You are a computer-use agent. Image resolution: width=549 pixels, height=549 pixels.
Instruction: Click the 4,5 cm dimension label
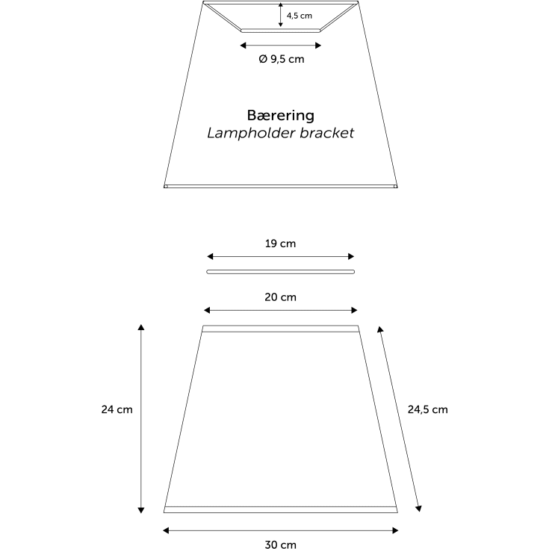300,16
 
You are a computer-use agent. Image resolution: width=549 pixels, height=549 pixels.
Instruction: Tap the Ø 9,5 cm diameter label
282,59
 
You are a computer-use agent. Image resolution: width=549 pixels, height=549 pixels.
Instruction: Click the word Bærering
280,116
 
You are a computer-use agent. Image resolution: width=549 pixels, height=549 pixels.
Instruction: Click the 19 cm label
280,244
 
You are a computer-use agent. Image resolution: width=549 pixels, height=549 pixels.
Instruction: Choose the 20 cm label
280,297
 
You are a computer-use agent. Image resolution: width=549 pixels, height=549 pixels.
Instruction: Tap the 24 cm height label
117,409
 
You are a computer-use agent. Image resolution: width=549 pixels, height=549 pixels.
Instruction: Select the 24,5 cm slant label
427,409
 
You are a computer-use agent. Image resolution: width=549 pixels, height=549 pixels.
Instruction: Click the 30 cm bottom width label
280,544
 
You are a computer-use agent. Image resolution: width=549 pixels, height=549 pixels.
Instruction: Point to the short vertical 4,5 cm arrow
280,15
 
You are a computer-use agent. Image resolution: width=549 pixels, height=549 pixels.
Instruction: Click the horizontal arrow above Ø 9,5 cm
280,45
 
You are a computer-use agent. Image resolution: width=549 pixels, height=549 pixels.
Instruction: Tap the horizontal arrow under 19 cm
280,257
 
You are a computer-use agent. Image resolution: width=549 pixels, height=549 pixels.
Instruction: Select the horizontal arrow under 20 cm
280,310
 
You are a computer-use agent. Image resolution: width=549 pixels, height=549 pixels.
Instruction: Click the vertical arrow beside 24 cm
141,419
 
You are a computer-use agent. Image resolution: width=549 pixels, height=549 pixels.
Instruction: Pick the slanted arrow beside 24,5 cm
400,419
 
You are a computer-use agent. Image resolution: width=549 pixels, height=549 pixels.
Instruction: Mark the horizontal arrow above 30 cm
280,530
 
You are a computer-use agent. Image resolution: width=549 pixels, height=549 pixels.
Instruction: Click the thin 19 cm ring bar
280,272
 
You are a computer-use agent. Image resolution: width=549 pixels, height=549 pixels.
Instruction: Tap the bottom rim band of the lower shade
280,509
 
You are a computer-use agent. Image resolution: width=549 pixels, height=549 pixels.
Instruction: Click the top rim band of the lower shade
280,329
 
